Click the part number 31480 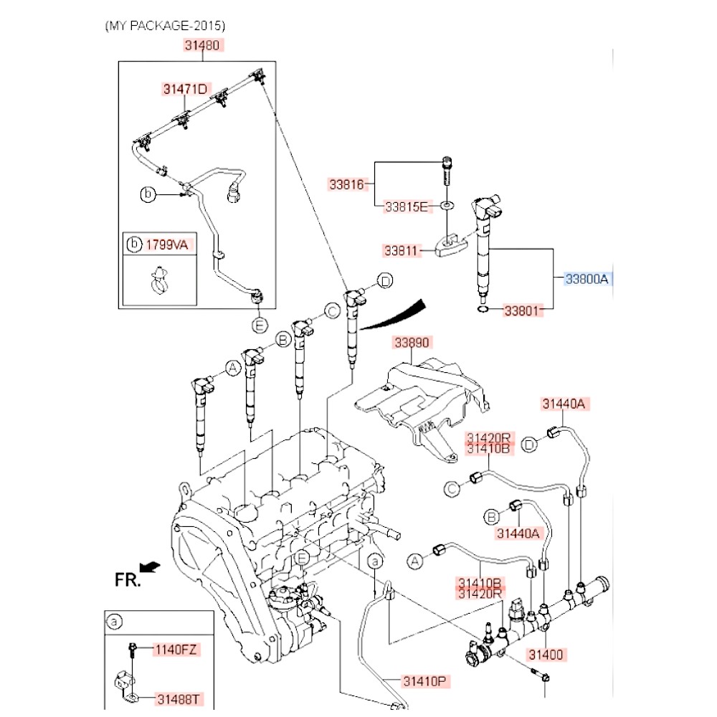[x=204, y=44]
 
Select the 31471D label [x=185, y=90]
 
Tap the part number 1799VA [x=166, y=245]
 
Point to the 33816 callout [x=348, y=184]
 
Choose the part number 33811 [x=400, y=251]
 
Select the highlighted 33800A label [x=586, y=279]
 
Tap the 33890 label [x=412, y=343]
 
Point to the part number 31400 [x=546, y=655]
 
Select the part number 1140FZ [x=174, y=650]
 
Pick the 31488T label [x=175, y=698]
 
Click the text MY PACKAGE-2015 [x=165, y=26]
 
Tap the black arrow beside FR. [x=149, y=568]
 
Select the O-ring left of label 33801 [x=483, y=310]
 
